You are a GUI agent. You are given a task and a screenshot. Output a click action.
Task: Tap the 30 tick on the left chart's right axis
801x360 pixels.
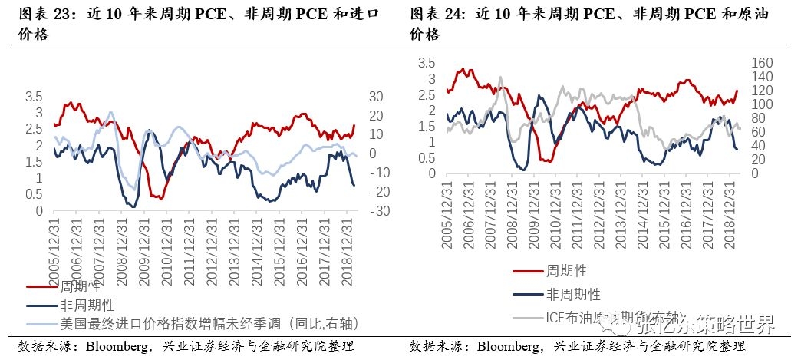[376, 97]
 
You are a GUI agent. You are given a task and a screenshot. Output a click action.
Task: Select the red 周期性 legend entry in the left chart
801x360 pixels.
[81, 287]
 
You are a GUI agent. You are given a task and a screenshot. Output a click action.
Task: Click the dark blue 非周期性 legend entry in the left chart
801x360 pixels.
[87, 305]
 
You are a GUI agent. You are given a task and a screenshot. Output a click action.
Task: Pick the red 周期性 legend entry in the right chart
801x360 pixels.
[567, 271]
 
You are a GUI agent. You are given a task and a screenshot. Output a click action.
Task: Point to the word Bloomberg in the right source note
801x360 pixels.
[507, 346]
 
